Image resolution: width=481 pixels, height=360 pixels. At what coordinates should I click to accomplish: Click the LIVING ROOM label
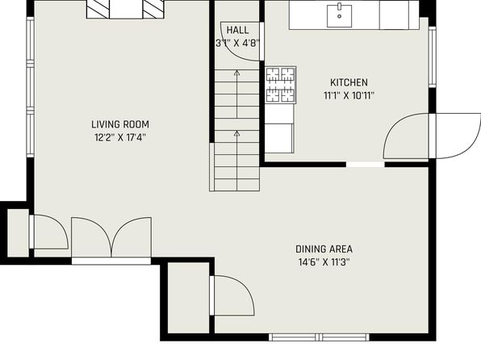pos(120,124)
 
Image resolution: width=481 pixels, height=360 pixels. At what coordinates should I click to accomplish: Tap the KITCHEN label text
pos(349,82)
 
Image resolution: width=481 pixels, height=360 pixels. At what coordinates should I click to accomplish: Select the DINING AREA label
pos(324,249)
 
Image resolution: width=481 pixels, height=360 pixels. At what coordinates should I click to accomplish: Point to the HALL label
pos(237,30)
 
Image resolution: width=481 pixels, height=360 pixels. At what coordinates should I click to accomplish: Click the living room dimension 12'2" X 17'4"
pos(120,137)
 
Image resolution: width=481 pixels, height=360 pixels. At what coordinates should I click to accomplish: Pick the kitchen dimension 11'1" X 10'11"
pos(349,95)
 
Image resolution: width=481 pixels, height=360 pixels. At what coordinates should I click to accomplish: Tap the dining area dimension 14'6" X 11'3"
pos(324,262)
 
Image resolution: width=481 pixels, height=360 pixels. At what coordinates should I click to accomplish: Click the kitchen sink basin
pos(339,16)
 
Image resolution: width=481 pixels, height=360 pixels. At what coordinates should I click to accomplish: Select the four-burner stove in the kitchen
pos(280,85)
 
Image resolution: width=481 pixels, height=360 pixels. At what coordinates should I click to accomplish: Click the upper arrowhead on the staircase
pos(236,73)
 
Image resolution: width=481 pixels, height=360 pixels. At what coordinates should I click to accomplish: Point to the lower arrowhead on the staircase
pos(236,133)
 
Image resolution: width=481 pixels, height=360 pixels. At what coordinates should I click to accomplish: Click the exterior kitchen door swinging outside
pos(458,136)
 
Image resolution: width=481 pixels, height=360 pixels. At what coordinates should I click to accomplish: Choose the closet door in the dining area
pos(232,295)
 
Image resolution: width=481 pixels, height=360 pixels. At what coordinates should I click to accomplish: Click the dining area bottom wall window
pos(320,337)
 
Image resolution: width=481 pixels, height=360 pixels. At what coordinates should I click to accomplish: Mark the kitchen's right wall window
pos(433,57)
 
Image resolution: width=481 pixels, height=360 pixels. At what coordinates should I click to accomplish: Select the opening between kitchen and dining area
pos(366,165)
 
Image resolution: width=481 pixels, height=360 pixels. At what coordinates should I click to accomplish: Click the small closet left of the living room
pos(18,233)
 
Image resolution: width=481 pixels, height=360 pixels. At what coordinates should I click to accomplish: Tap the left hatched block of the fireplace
pos(98,9)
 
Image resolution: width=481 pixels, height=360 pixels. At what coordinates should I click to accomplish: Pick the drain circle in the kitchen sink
pos(339,16)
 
